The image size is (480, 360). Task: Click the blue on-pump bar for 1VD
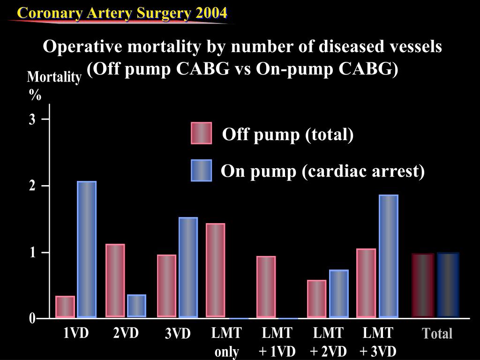click(87, 249)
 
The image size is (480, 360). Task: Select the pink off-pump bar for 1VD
click(65, 307)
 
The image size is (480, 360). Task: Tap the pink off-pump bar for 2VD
click(115, 280)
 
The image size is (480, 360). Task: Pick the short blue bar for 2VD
click(136, 306)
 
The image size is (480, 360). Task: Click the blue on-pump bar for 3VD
click(188, 267)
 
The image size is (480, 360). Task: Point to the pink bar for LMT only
click(216, 270)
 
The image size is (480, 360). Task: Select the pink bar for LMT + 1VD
click(266, 286)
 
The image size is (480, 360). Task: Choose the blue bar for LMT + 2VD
click(339, 293)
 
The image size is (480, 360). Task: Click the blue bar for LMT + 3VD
click(389, 256)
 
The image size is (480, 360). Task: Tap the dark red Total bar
click(423, 285)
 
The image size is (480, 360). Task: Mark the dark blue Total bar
click(448, 285)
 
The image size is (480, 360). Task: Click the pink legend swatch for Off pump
click(202, 133)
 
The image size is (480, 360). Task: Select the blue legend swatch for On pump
click(202, 170)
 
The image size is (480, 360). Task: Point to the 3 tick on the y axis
click(32, 120)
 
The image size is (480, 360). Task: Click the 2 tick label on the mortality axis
click(32, 186)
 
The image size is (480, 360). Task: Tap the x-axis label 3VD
click(178, 334)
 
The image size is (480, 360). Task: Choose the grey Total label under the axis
click(437, 334)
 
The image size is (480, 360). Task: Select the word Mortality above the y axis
click(54, 77)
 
